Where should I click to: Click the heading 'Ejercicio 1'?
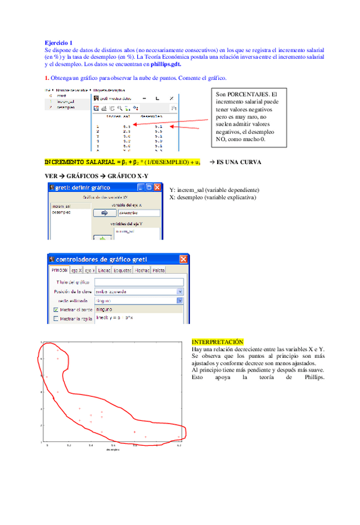58,41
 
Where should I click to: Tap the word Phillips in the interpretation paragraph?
306,377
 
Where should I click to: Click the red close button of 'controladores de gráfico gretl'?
184,259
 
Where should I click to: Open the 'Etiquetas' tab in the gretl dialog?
122,270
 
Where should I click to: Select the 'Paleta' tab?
159,270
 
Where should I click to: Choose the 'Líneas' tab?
105,270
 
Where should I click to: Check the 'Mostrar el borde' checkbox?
56,309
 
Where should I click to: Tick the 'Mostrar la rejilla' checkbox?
56,318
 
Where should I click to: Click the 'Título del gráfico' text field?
139,282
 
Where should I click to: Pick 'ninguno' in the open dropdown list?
105,308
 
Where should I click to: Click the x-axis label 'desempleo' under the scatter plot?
112,450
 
